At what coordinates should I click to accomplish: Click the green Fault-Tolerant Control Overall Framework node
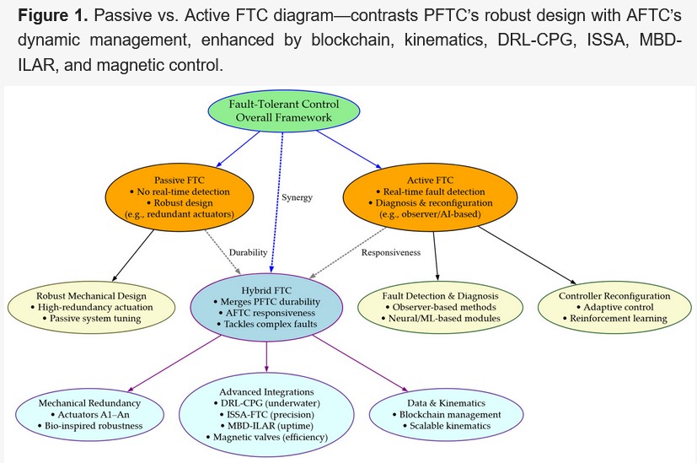(x=283, y=110)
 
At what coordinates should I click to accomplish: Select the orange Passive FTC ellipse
(x=180, y=197)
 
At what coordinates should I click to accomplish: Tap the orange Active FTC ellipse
(x=431, y=197)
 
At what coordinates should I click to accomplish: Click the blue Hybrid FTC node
(x=266, y=307)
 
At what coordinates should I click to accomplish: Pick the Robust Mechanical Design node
(x=91, y=307)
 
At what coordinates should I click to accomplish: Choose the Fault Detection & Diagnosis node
(x=440, y=307)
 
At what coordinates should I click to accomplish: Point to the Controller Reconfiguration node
(x=614, y=307)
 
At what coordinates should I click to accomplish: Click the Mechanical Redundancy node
(x=89, y=415)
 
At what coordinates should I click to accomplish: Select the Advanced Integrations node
(x=266, y=415)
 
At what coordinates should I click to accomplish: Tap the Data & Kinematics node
(x=447, y=415)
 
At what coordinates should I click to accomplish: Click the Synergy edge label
(x=297, y=197)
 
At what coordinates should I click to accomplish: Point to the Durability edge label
(x=248, y=253)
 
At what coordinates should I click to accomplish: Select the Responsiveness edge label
(x=391, y=253)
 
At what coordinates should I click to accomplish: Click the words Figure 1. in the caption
(x=53, y=15)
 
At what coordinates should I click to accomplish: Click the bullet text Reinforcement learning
(x=619, y=319)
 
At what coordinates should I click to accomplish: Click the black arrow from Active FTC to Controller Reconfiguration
(x=528, y=256)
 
